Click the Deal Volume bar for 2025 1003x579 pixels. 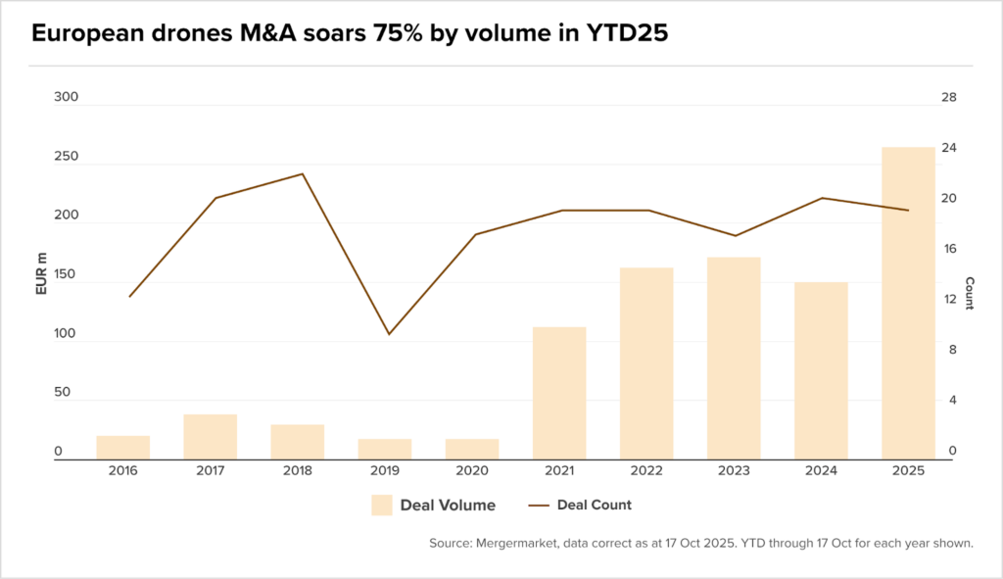point(908,303)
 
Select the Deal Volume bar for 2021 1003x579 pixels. point(559,393)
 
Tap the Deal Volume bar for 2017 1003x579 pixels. point(211,436)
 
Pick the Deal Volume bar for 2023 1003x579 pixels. point(734,358)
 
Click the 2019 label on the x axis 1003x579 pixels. point(384,471)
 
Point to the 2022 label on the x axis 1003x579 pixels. point(646,471)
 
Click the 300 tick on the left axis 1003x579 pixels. point(65,98)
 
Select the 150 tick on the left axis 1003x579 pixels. point(65,275)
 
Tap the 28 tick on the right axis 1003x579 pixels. point(947,98)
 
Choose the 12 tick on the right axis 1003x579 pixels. point(947,300)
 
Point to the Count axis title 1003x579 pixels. point(969,293)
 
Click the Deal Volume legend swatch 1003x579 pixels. point(381,506)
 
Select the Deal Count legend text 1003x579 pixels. point(594,506)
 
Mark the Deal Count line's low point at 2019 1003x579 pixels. point(389,334)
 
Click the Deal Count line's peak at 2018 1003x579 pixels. point(303,174)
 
